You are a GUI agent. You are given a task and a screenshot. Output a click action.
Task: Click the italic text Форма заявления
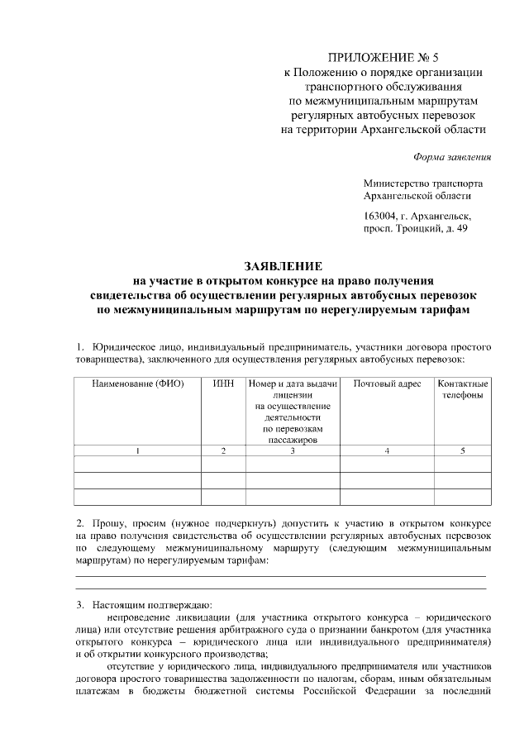(x=451, y=157)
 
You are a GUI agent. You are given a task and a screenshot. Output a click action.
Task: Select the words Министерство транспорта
(x=423, y=183)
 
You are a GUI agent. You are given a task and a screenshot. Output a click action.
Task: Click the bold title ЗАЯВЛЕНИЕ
(x=281, y=267)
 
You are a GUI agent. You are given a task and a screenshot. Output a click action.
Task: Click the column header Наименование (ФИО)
(x=137, y=384)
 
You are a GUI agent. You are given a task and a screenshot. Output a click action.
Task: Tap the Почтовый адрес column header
(x=387, y=384)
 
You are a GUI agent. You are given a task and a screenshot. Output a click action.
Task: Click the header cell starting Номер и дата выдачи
(x=293, y=384)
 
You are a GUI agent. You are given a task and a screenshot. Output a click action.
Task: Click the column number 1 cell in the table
(x=137, y=450)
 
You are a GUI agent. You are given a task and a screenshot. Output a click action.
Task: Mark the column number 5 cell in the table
(x=463, y=450)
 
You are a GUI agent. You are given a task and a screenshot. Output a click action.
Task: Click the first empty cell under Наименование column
(x=137, y=464)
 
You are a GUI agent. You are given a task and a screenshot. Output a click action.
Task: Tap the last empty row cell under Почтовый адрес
(x=387, y=497)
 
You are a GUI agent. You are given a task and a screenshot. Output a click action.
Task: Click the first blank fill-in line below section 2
(x=281, y=574)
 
